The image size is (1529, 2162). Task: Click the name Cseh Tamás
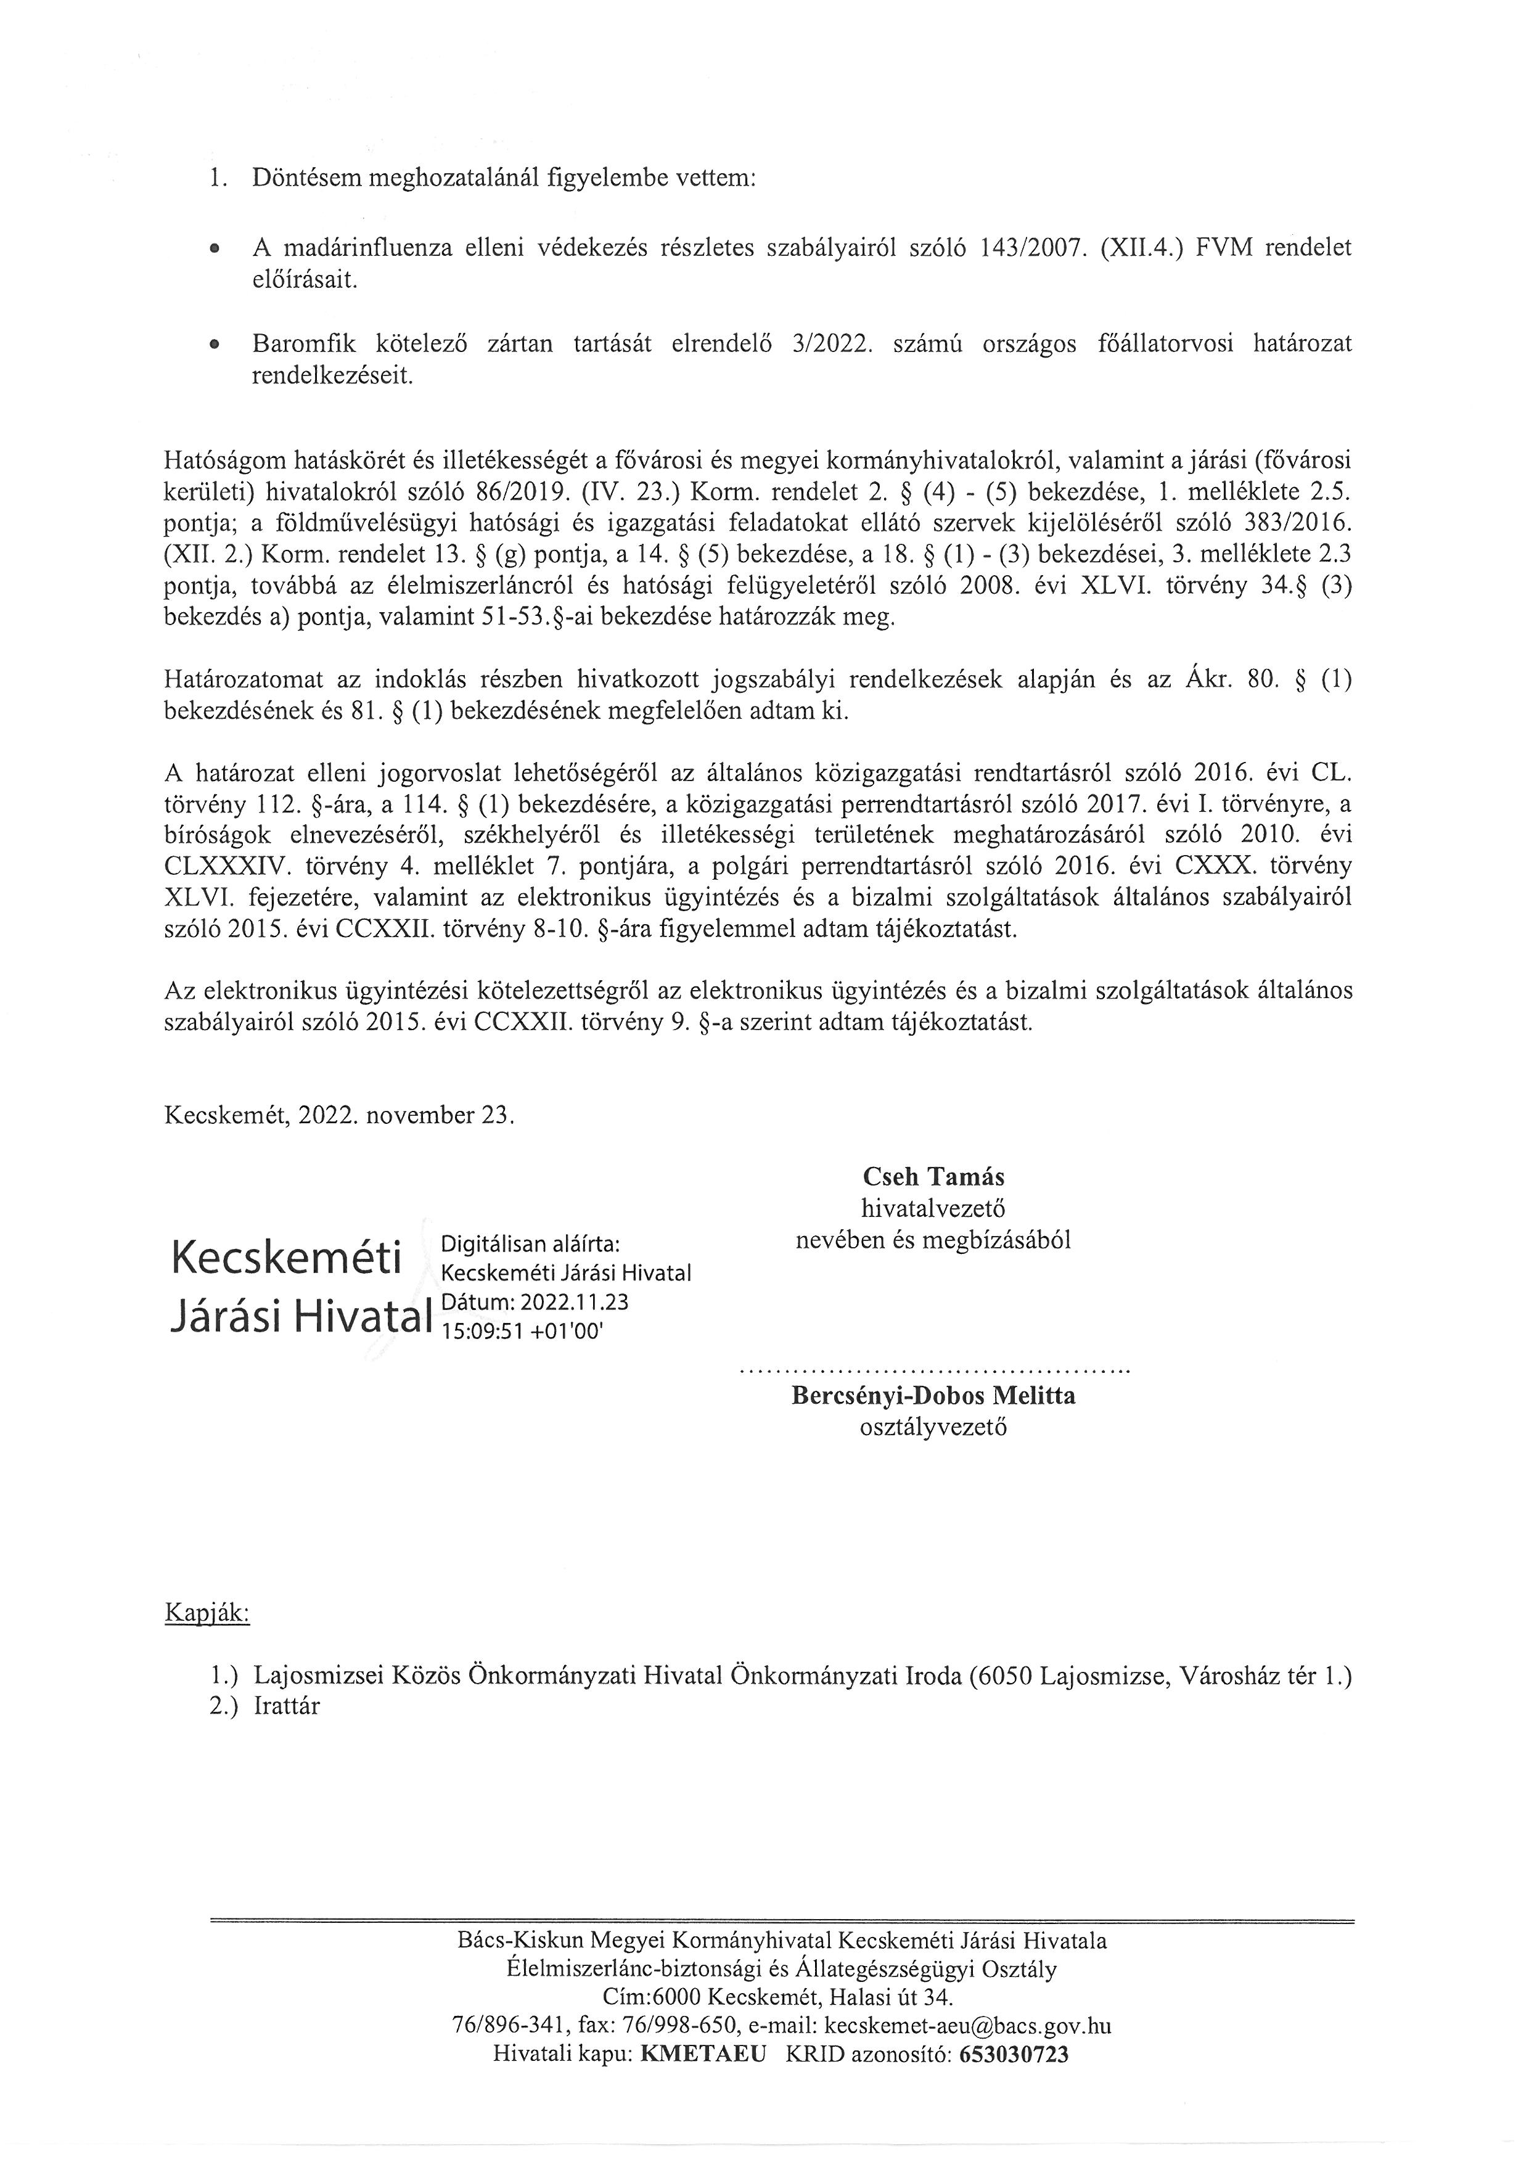tap(933, 1177)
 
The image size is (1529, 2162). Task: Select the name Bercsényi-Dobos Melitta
tap(933, 1396)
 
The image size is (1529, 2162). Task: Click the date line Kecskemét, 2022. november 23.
tap(339, 1116)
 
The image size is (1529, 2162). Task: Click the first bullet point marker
tap(216, 250)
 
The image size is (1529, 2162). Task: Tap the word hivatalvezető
tap(933, 1208)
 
